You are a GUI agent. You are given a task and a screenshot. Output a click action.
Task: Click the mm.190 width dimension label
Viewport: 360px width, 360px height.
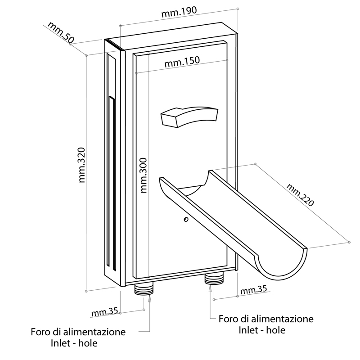(179, 13)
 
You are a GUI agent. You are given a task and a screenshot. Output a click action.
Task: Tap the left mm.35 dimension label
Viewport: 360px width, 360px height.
(104, 311)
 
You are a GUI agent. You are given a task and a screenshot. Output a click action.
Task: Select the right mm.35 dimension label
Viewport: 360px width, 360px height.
(253, 290)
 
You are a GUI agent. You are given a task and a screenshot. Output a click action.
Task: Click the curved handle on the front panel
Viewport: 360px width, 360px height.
(188, 117)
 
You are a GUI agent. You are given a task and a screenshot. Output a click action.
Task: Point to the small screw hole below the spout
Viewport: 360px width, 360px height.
(185, 219)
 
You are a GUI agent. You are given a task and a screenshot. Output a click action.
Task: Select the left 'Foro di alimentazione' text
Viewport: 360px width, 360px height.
(78, 332)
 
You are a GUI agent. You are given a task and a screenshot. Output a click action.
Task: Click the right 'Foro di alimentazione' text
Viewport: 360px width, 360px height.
(266, 319)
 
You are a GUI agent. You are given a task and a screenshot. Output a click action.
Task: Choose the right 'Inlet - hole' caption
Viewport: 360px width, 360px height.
(262, 330)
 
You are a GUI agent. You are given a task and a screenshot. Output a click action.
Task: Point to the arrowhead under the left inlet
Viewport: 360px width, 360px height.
(150, 298)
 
